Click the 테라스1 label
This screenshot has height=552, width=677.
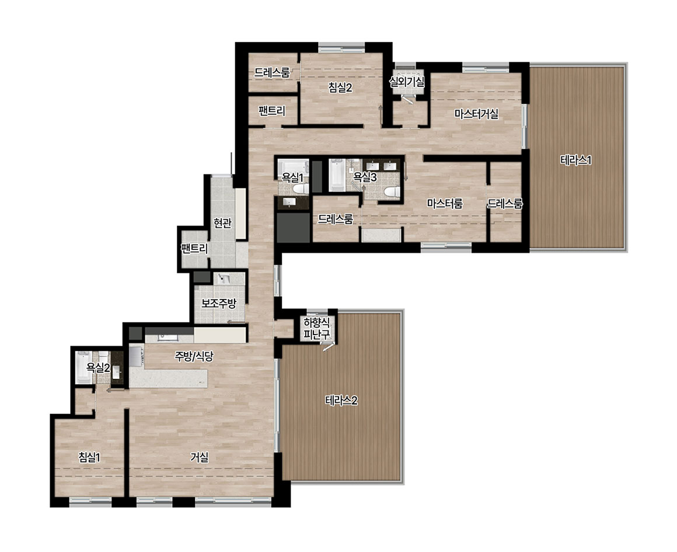click(575, 160)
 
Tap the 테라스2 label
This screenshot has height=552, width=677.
click(341, 400)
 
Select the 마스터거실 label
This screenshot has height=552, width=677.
click(476, 114)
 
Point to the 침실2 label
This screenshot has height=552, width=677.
click(340, 87)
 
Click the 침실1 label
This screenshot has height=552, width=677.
click(89, 457)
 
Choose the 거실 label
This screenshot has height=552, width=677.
click(200, 457)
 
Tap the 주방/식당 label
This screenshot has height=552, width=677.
click(194, 356)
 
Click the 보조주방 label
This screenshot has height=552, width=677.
click(219, 304)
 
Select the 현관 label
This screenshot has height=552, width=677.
click(222, 223)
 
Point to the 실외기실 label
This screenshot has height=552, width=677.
click(407, 82)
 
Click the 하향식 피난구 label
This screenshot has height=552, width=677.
click(316, 328)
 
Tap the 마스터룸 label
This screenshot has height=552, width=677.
click(445, 203)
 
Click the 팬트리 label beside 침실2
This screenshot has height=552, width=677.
click(272, 111)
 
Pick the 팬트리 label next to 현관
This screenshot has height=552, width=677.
click(194, 248)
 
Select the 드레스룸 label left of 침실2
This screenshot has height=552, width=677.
click(271, 72)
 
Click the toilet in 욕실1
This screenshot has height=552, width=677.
click(299, 188)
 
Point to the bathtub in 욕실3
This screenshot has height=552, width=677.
click(337, 175)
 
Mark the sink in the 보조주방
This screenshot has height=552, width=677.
click(224, 279)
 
